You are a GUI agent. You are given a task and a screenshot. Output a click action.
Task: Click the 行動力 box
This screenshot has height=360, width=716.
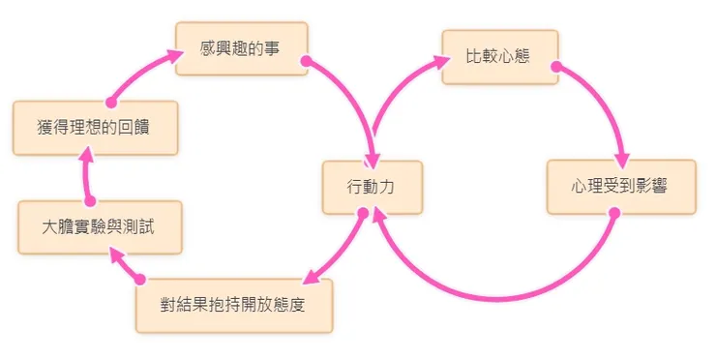372,187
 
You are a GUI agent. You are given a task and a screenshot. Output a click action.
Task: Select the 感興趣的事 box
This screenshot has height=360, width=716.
241,46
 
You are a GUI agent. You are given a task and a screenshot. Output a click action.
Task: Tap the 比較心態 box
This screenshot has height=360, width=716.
499,56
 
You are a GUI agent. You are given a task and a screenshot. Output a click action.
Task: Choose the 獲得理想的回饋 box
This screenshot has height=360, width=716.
95,127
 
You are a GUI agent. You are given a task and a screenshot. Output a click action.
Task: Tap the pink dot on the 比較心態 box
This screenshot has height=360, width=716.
555,67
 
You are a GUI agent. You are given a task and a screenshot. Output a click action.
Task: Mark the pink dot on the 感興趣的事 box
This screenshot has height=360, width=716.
305,61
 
